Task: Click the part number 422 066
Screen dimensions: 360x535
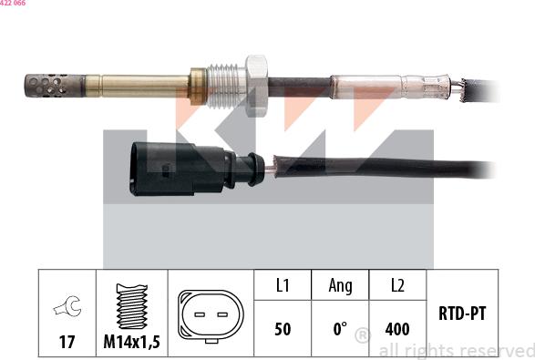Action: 13,4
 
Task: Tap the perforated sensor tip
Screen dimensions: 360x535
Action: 45,86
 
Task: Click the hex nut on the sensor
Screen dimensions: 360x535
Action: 256,83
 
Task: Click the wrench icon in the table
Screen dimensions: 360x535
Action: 67,308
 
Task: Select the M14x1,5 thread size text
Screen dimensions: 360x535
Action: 132,342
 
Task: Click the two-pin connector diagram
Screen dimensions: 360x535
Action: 211,315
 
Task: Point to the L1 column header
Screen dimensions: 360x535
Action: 283,286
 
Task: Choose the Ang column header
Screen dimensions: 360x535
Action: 340,286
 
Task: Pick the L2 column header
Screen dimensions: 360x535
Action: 397,286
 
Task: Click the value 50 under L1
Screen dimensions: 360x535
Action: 283,328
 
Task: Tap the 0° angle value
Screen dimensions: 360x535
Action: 340,328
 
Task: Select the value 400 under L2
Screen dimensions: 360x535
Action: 397,328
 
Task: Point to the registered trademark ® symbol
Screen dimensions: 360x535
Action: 362,336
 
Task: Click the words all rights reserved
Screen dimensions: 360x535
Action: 455,350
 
